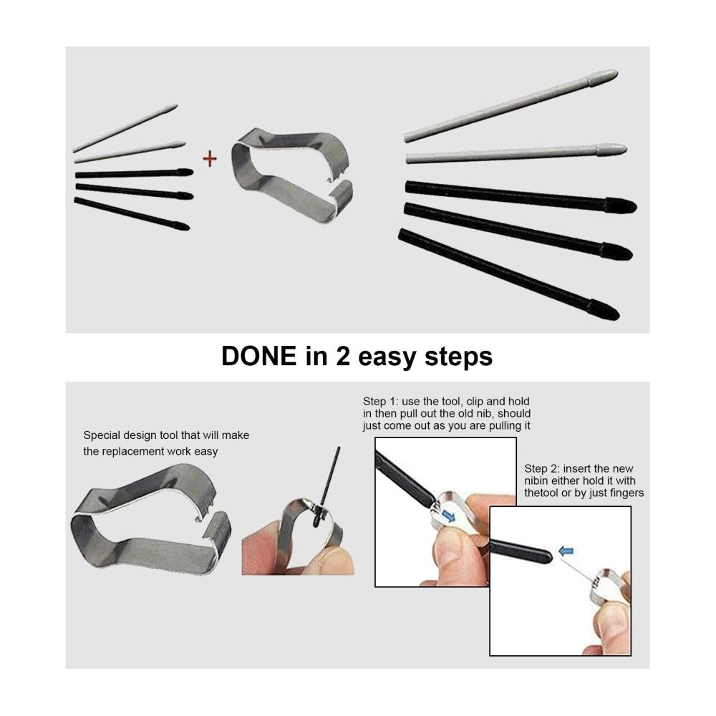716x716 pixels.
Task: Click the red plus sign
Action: pyautogui.click(x=210, y=159)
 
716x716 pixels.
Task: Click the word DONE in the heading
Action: pyautogui.click(x=259, y=356)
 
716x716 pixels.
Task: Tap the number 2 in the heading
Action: pyautogui.click(x=342, y=356)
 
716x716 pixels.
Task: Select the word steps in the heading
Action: pyautogui.click(x=458, y=357)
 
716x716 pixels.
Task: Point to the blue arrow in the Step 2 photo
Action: pyautogui.click(x=566, y=551)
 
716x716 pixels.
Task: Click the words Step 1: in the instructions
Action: pyautogui.click(x=380, y=402)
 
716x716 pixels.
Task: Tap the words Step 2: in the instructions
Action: pyautogui.click(x=541, y=468)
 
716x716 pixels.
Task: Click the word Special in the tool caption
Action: pyautogui.click(x=100, y=435)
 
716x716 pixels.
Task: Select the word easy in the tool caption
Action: pyautogui.click(x=205, y=452)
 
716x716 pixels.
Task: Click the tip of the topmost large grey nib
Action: pyautogui.click(x=617, y=72)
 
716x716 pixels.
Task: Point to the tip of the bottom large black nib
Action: pyautogui.click(x=619, y=316)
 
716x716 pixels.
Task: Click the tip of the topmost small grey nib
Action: pyautogui.click(x=176, y=106)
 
